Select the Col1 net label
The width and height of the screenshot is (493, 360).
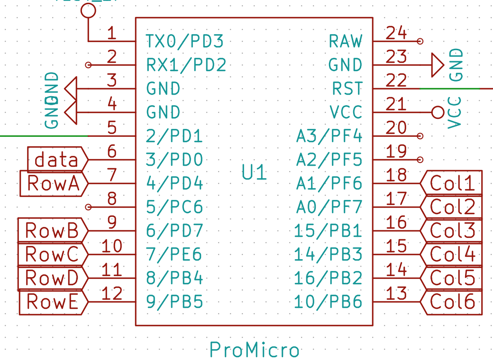pos(453,183)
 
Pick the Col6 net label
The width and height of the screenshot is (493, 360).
pos(453,302)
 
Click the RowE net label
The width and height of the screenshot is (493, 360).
pos(53,302)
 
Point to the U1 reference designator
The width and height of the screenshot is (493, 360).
pos(255,173)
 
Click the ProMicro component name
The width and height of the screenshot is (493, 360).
pos(255,350)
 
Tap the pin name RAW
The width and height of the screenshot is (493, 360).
pos(346,42)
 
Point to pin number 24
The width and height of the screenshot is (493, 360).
pos(396,33)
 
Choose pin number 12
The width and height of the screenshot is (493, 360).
pos(112,294)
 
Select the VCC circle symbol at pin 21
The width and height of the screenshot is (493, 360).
pos(438,112)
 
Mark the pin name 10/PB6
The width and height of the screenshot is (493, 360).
pos(328,302)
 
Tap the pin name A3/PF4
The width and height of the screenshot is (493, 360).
pos(329,136)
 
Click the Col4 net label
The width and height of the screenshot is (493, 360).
pos(453,254)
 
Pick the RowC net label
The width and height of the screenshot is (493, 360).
pos(52,254)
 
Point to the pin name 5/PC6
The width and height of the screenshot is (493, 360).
pos(174,207)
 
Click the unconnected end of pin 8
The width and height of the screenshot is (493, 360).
pos(88,207)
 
